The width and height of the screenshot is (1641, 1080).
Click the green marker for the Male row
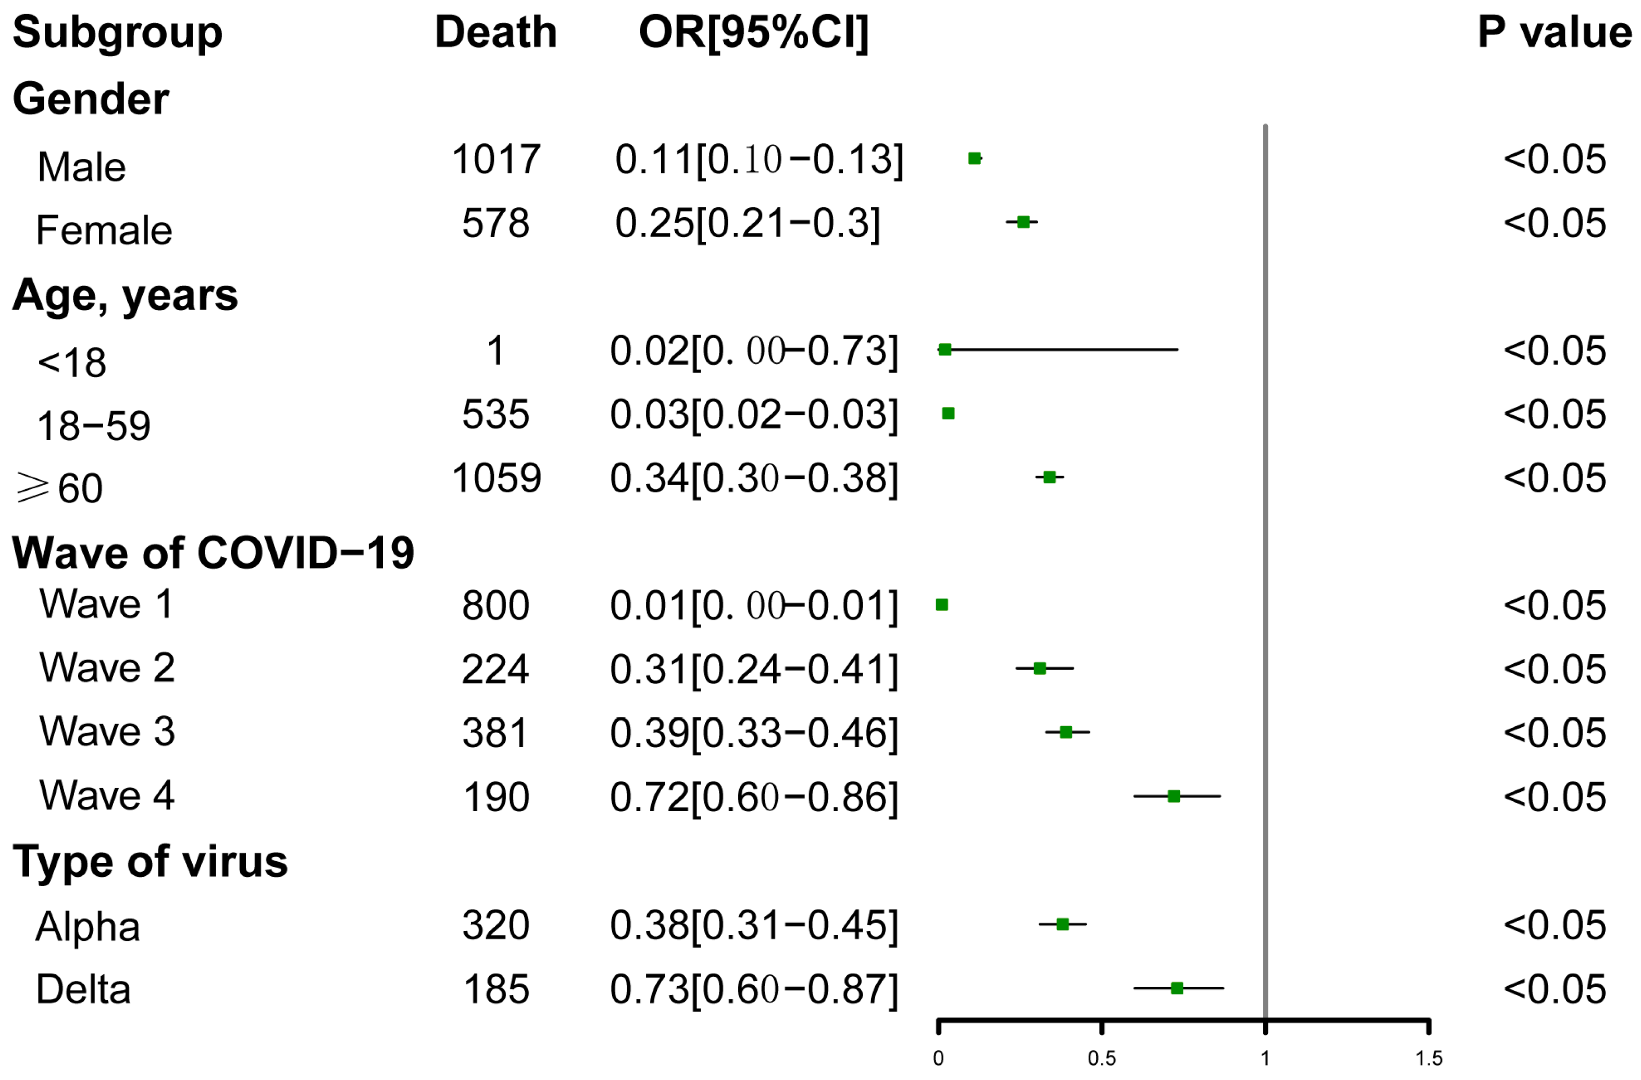(974, 158)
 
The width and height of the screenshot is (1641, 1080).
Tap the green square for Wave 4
(1174, 797)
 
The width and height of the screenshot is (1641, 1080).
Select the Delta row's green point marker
(1177, 988)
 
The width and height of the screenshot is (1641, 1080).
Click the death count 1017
(496, 159)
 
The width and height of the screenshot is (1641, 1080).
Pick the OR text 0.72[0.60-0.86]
(754, 797)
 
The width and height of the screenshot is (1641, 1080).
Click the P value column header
(1554, 32)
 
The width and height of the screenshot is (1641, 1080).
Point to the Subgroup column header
(117, 32)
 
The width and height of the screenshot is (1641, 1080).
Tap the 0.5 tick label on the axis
(1101, 1059)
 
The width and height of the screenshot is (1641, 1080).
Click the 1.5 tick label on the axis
(1428, 1059)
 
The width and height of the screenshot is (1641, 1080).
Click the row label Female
(104, 230)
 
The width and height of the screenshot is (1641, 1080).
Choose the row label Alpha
(88, 926)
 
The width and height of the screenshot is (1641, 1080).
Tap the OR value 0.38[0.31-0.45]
(754, 925)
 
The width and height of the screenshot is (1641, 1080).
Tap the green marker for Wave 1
(942, 605)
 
